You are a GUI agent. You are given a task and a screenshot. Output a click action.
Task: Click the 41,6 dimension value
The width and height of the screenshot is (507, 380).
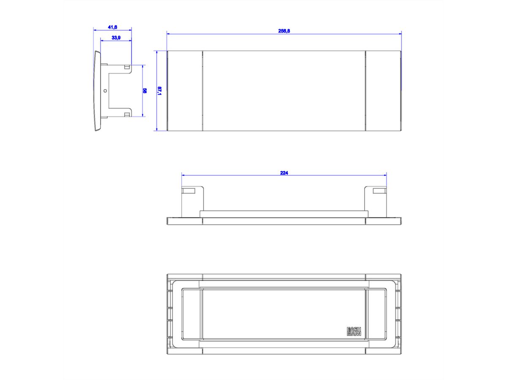pos(112,27)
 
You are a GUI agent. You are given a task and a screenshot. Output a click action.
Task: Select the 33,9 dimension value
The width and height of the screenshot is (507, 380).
pos(116,38)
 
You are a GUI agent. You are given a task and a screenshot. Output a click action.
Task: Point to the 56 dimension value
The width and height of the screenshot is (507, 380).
pos(145,90)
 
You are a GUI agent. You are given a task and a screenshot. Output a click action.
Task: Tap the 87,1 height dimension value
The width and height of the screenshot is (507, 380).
pos(160,90)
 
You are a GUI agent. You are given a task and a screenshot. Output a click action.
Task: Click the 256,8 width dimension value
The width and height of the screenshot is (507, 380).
pos(283,31)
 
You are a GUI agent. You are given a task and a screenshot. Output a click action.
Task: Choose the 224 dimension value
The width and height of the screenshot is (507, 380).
pos(284,172)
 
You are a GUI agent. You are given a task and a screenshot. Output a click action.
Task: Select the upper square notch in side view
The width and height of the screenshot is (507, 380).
pos(127,67)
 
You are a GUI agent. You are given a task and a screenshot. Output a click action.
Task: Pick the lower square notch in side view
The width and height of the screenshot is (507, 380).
pos(127,114)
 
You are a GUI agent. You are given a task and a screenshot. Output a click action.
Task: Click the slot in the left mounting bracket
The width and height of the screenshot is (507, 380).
pos(188,191)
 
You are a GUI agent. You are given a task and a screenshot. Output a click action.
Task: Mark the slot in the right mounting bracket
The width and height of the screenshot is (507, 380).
pos(379,191)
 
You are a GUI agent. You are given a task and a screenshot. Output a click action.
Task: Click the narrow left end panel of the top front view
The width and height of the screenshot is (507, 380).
pos(185,90)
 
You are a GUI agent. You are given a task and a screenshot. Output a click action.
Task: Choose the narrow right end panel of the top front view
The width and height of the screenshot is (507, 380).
pos(382,90)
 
